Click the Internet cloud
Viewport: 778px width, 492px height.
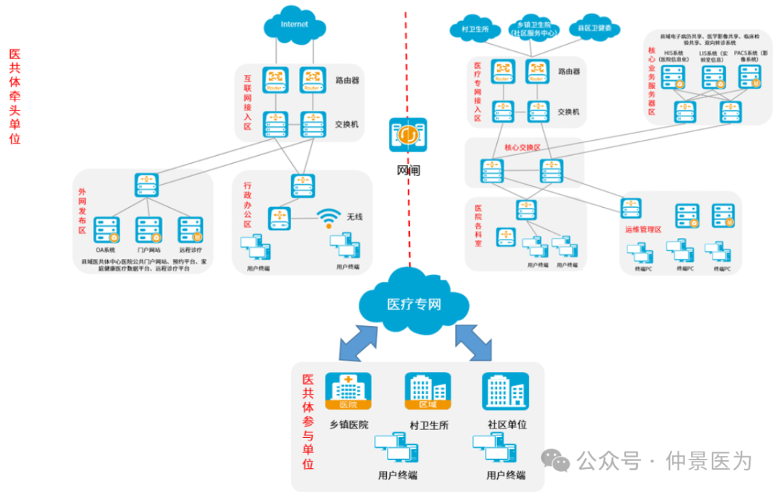click(x=294, y=25)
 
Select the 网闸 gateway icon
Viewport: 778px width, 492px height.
click(x=408, y=135)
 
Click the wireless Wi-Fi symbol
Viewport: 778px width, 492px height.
click(x=329, y=216)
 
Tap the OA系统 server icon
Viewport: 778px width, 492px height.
click(x=107, y=229)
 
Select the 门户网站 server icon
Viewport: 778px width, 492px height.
click(x=148, y=229)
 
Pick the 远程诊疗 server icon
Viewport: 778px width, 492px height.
click(x=190, y=229)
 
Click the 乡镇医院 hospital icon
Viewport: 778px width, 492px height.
click(x=348, y=392)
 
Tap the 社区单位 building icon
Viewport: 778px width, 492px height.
click(x=505, y=392)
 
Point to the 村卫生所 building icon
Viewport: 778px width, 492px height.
click(x=428, y=392)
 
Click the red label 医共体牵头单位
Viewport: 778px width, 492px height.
click(x=14, y=97)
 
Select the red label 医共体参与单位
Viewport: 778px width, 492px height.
click(x=308, y=422)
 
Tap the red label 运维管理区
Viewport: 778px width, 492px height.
click(x=643, y=229)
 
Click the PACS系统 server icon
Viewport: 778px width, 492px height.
click(x=749, y=76)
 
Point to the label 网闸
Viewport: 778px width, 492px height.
click(x=408, y=170)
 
